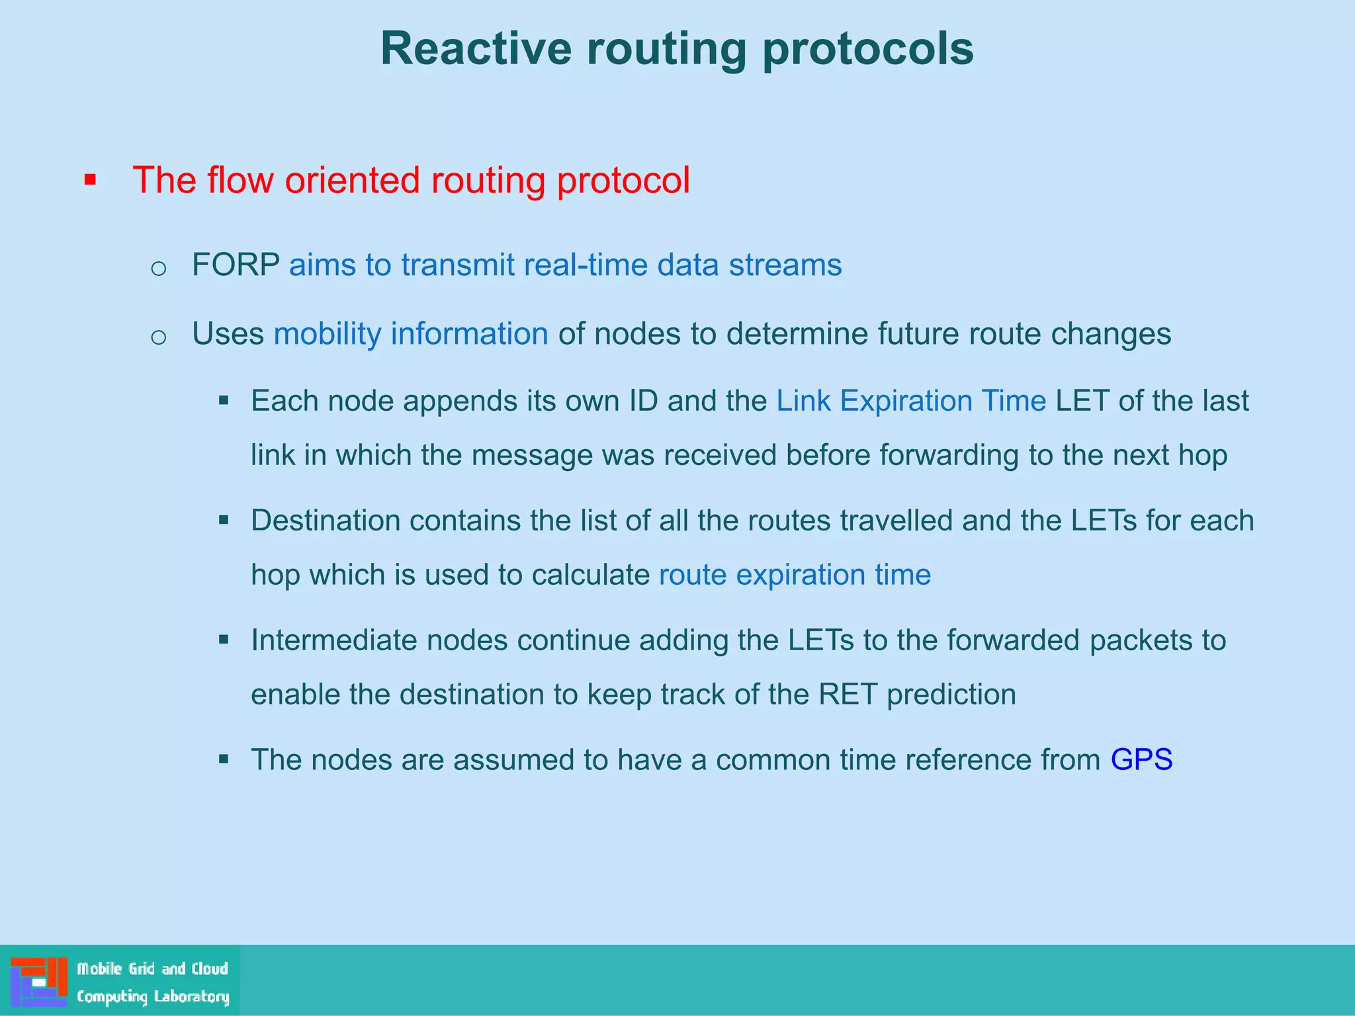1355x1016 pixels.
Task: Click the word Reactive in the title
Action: click(x=476, y=49)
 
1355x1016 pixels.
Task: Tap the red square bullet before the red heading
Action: click(x=91, y=180)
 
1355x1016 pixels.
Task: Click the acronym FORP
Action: click(x=236, y=265)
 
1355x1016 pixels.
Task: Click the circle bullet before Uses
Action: click(x=158, y=337)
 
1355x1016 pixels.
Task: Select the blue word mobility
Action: click(x=327, y=333)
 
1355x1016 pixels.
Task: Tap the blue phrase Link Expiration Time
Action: click(x=911, y=401)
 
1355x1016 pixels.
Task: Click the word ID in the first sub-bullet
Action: click(x=643, y=401)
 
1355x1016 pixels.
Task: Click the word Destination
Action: click(x=326, y=521)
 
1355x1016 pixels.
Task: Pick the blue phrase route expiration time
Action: click(x=795, y=574)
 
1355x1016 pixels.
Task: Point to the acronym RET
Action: click(x=848, y=695)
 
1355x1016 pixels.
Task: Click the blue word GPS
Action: click(x=1141, y=759)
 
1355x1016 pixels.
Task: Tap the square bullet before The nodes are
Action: click(x=224, y=759)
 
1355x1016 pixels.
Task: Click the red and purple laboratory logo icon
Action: click(x=38, y=982)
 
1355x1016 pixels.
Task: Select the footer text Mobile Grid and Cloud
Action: click(x=152, y=969)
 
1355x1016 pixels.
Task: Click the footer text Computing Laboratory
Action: click(x=153, y=996)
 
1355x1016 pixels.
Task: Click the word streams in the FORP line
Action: click(x=785, y=265)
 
